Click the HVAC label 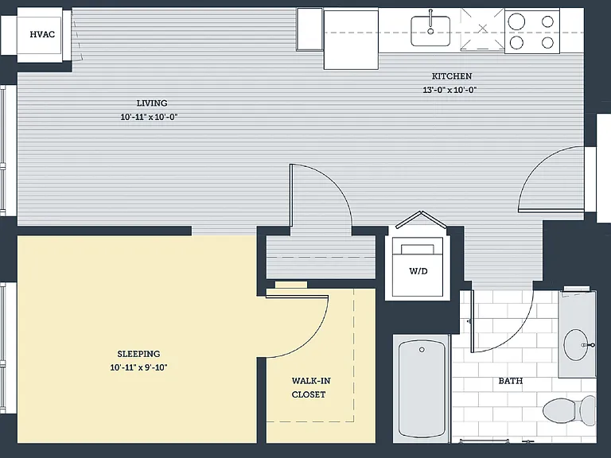(42, 34)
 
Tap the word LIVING (152, 103)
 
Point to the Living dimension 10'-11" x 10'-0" (150, 117)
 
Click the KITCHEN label (452, 76)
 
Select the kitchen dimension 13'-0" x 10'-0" (450, 90)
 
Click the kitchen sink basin (430, 31)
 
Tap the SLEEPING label (138, 354)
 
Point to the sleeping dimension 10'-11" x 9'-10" (138, 367)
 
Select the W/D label (418, 271)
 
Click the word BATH (511, 381)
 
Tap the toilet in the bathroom (569, 412)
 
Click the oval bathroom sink (577, 344)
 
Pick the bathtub (422, 389)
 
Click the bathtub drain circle (422, 350)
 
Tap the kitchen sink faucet (430, 22)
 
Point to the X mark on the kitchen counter (482, 28)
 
